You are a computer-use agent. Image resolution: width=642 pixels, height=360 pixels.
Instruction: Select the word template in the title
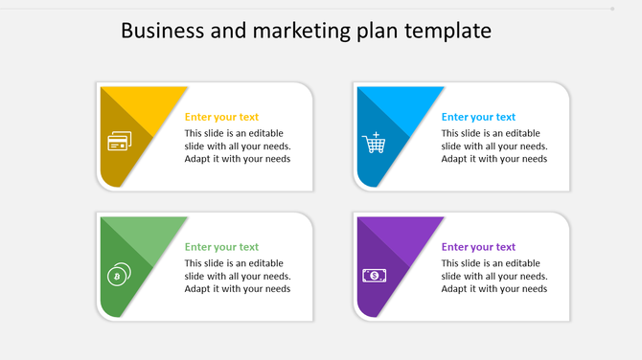[x=448, y=31]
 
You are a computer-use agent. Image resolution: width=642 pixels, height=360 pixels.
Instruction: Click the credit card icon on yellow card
[x=119, y=143]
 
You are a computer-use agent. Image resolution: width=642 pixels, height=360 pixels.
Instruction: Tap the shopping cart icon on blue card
[x=374, y=143]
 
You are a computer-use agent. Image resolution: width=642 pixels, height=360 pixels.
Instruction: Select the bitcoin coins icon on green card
[x=118, y=274]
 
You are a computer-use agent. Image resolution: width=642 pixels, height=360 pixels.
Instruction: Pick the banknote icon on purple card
[x=374, y=276]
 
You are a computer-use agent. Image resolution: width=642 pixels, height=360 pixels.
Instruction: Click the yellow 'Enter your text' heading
[x=221, y=117]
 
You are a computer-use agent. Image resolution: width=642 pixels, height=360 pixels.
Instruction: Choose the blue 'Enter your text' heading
[x=478, y=117]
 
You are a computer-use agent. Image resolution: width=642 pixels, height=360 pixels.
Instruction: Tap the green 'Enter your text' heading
[x=221, y=247]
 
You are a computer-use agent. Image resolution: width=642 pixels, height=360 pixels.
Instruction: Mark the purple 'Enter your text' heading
[x=478, y=247]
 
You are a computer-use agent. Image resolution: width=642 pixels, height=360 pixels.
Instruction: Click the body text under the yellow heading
[x=238, y=146]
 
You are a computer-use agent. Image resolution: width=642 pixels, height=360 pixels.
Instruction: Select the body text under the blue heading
[x=494, y=146]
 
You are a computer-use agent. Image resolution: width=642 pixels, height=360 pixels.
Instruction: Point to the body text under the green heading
[x=238, y=276]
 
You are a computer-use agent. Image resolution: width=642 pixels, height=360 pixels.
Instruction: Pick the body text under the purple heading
[x=494, y=276]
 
